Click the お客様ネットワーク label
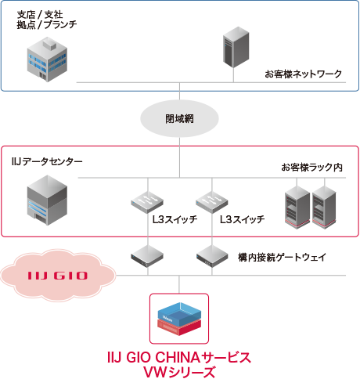(x=304, y=74)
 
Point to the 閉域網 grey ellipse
(x=179, y=119)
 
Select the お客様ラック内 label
(x=311, y=168)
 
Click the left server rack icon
(x=297, y=207)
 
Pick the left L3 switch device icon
(x=146, y=201)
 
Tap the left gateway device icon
(x=146, y=254)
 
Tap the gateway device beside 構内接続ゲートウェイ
(x=211, y=254)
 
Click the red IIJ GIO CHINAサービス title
(x=178, y=357)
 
